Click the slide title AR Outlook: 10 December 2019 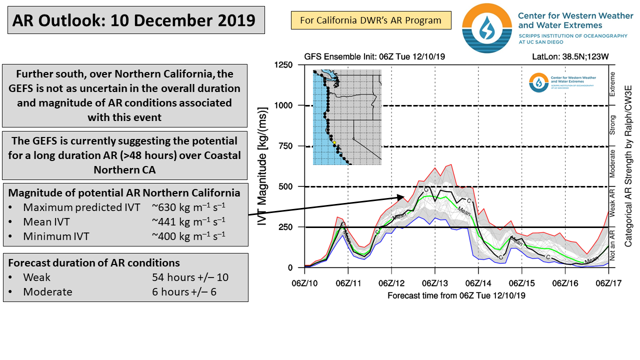coord(133,20)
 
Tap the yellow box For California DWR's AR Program coord(370,20)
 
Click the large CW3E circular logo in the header coord(483,28)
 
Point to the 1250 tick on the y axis coord(283,65)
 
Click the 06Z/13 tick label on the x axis coord(435,283)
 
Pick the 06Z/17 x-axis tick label coord(608,283)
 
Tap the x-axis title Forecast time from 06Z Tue coord(456,295)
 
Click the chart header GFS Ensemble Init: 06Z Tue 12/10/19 coord(374,56)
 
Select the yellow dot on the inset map coord(334,143)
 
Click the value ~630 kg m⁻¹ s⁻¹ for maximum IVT coord(188,207)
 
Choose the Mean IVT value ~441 coord(188,221)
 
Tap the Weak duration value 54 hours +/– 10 coord(190,277)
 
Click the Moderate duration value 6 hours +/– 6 coord(184,292)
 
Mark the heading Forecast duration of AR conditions coord(94,263)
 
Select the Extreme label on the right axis coord(612,85)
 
